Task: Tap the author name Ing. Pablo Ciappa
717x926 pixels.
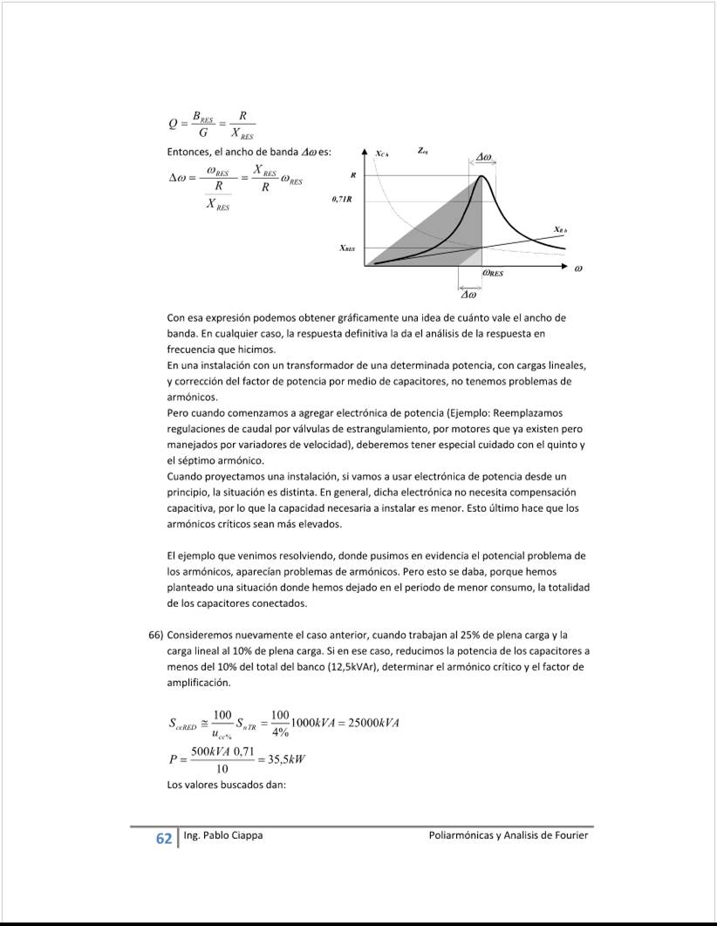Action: (223, 835)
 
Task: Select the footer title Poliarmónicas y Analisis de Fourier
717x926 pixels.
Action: (509, 835)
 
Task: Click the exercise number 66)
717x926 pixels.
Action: (157, 635)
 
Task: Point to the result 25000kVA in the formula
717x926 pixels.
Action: (368, 723)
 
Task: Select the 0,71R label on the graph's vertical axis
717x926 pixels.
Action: (342, 200)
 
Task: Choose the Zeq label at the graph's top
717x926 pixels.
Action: (422, 151)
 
